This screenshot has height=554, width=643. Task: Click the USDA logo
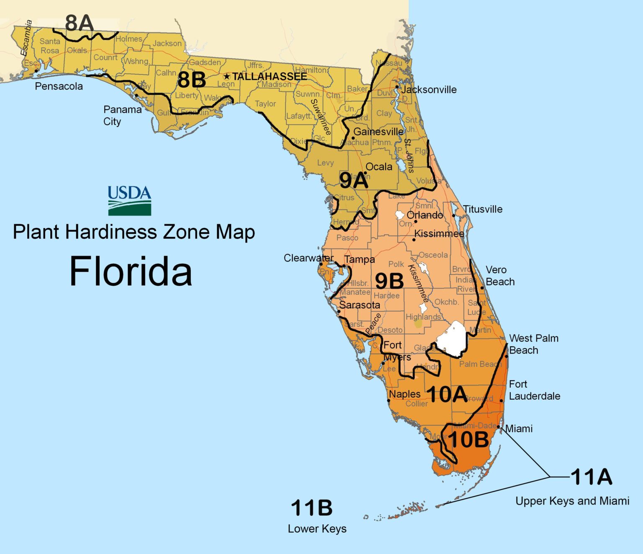pyautogui.click(x=129, y=201)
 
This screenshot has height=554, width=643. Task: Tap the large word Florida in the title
pyautogui.click(x=130, y=272)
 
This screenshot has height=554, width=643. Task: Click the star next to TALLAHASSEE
pyautogui.click(x=227, y=76)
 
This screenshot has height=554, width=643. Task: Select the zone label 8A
pyautogui.click(x=79, y=23)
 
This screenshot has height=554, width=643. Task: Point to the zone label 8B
pyautogui.click(x=192, y=80)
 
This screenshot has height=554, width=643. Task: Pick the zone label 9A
pyautogui.click(x=354, y=181)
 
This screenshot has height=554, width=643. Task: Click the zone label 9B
pyautogui.click(x=389, y=281)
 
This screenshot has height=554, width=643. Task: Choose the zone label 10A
pyautogui.click(x=447, y=394)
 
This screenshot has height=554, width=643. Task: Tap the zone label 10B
pyautogui.click(x=468, y=440)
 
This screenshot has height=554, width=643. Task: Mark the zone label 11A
pyautogui.click(x=591, y=477)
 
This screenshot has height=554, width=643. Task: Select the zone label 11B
pyautogui.click(x=312, y=508)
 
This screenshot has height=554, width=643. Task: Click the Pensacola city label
pyautogui.click(x=59, y=86)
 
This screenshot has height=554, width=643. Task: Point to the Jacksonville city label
pyautogui.click(x=429, y=89)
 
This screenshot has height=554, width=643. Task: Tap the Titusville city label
pyautogui.click(x=483, y=209)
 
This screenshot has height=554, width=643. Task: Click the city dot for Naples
pyautogui.click(x=388, y=401)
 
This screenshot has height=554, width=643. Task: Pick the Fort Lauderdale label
pyautogui.click(x=534, y=390)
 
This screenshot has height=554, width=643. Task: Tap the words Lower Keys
pyautogui.click(x=317, y=529)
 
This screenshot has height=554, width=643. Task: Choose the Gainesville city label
pyautogui.click(x=378, y=132)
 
